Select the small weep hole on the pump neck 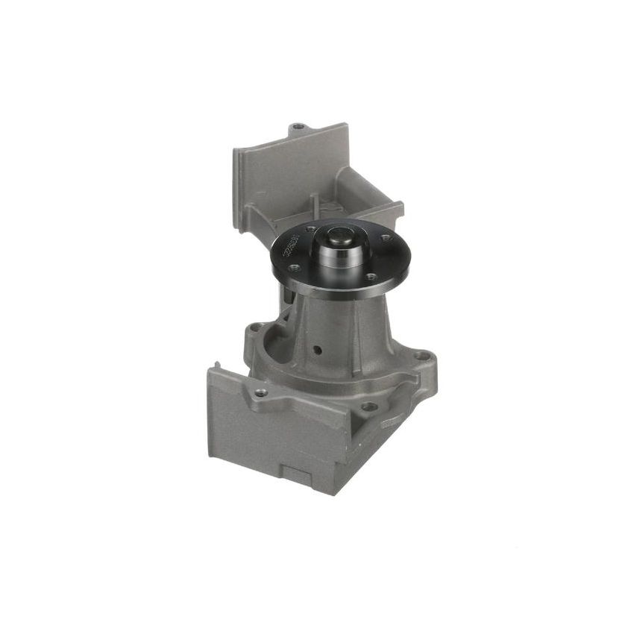point(318,348)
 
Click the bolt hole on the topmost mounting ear point(298,127)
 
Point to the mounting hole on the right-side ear point(423,357)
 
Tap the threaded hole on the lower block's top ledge point(260,392)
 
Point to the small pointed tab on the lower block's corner point(213,366)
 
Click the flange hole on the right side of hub point(386,239)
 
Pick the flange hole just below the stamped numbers point(295,266)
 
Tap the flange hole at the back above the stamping point(312,228)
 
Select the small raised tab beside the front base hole point(388,421)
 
